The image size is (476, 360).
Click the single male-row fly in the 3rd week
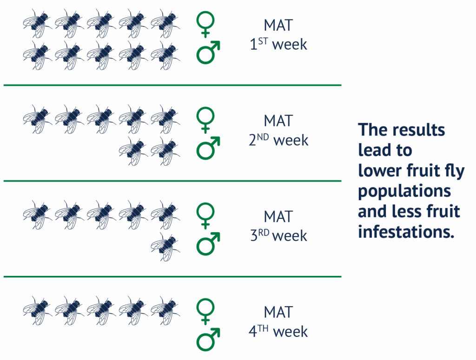165,247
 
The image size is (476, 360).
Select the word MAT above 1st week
278,25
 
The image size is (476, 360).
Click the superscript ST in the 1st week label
263,41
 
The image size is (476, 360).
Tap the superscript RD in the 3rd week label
264,233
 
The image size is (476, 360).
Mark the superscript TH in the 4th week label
263,328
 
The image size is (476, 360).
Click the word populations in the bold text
404,192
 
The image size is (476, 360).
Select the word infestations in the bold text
406,232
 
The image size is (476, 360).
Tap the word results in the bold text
419,130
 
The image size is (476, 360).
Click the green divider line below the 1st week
172,85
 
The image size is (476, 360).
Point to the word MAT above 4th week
278,312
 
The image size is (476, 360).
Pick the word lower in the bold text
380,170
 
